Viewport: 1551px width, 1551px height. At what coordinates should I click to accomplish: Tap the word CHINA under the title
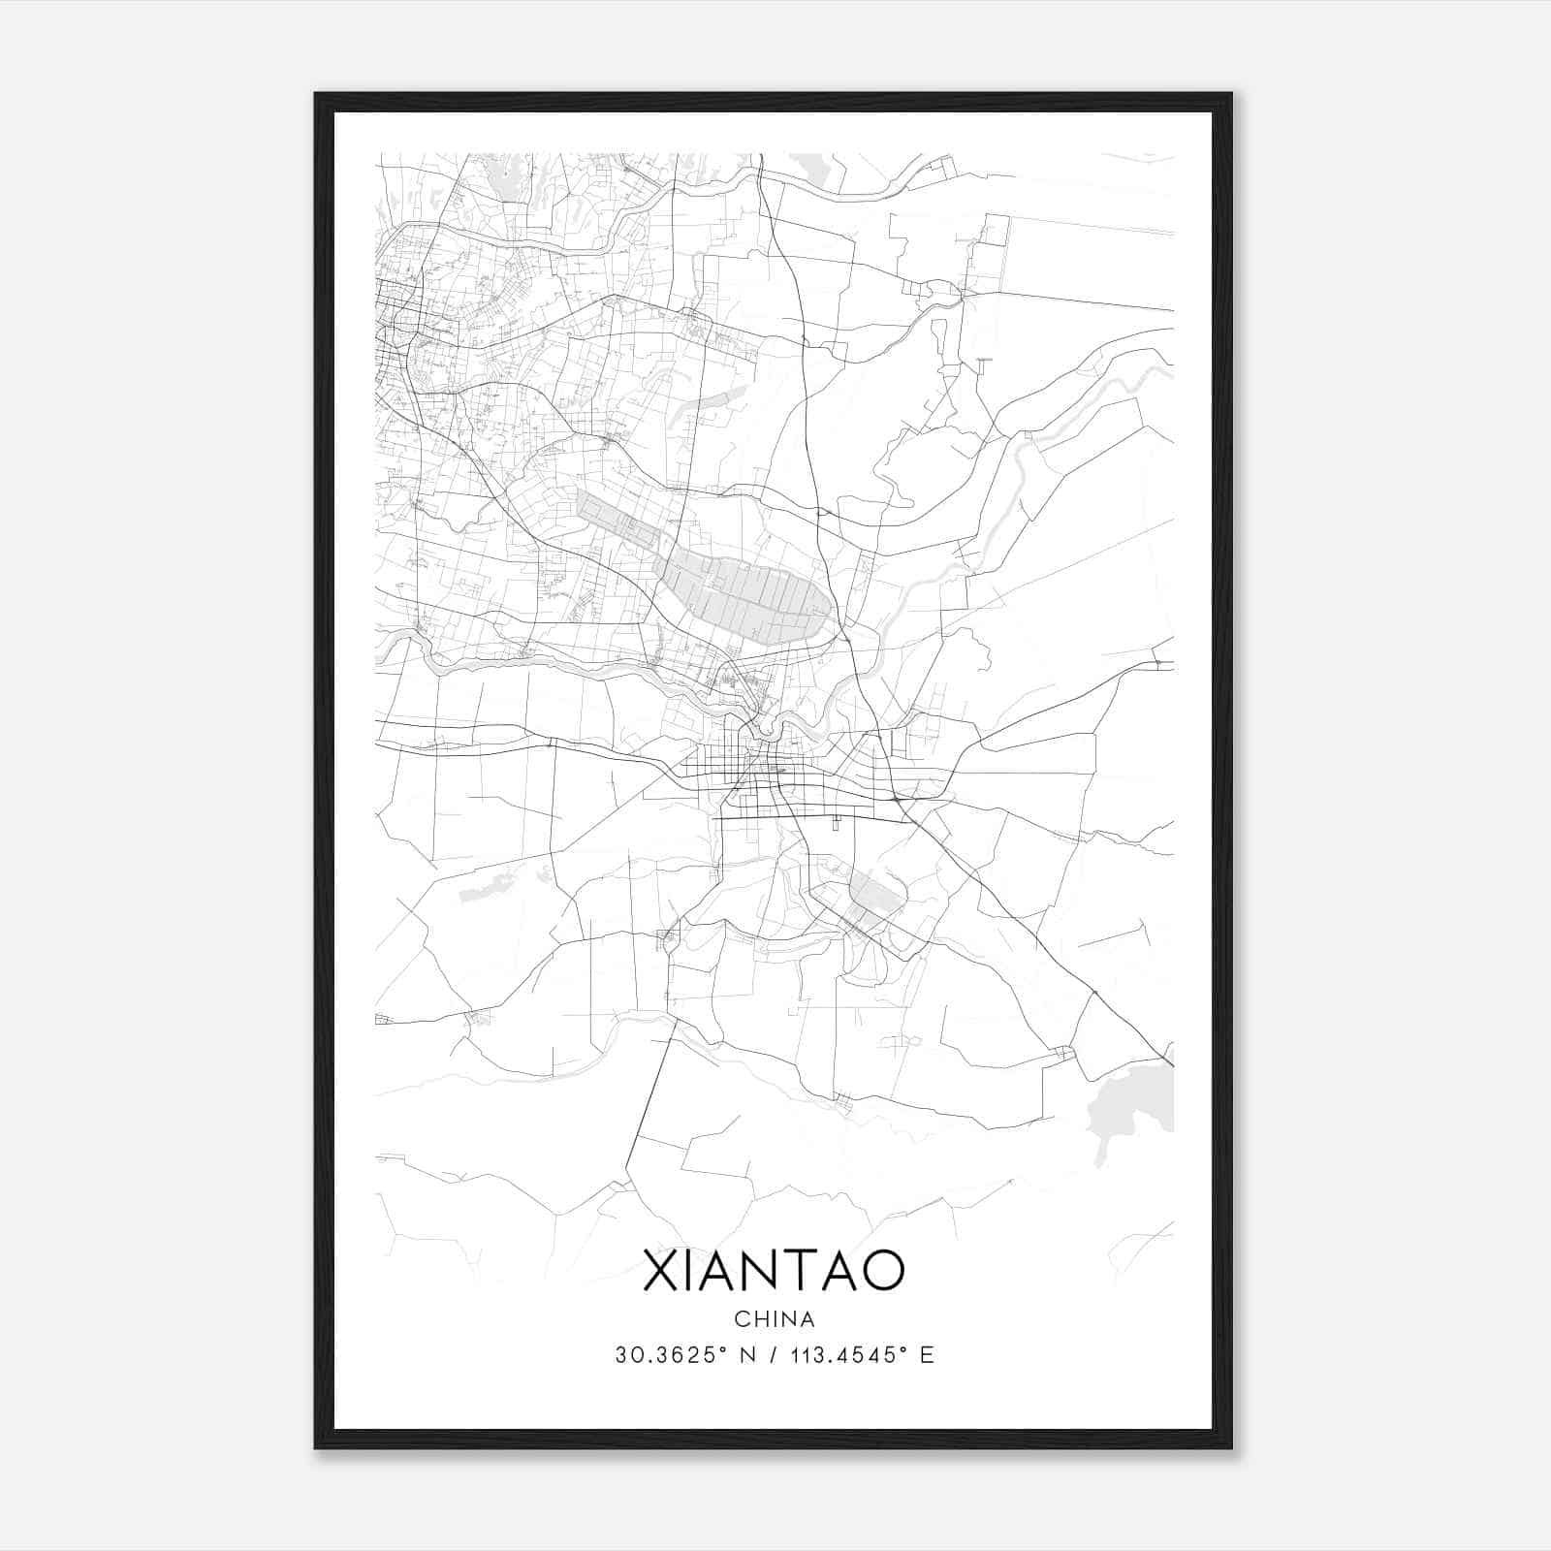pyautogui.click(x=774, y=1319)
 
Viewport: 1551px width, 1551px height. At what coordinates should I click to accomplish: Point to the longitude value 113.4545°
pyautogui.click(x=836, y=1355)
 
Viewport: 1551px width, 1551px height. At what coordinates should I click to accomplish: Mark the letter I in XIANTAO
pyautogui.click(x=693, y=1271)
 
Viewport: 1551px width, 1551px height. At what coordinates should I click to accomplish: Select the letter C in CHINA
pyautogui.click(x=741, y=1319)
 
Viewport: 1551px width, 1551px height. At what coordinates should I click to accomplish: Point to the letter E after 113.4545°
pyautogui.click(x=927, y=1355)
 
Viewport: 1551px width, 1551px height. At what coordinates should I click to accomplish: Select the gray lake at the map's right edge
pyautogui.click(x=1134, y=1105)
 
